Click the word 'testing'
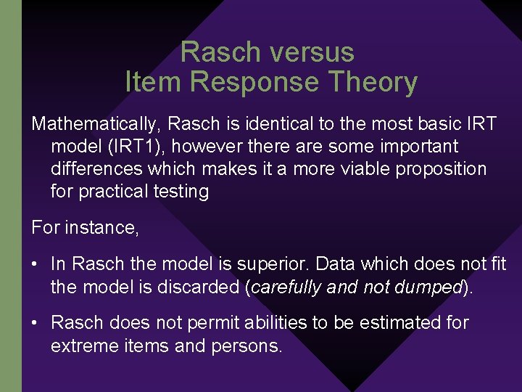183,192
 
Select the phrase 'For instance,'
85,228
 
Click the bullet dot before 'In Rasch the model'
36,264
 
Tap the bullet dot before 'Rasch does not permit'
36,322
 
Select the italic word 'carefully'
286,287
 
